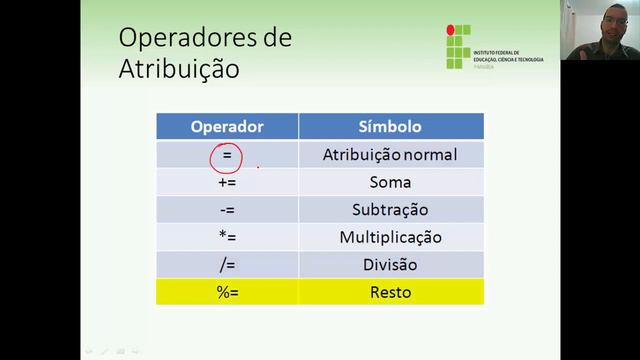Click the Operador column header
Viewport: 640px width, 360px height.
[227, 127]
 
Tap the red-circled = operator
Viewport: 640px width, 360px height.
[227, 156]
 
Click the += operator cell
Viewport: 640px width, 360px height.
[227, 183]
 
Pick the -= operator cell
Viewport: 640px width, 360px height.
[227, 210]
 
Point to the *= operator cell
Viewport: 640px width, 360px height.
[227, 238]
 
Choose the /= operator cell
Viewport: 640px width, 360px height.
[227, 265]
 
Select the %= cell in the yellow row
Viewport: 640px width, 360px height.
[227, 293]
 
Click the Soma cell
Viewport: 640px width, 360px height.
[390, 183]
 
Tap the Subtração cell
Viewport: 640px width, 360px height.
[390, 210]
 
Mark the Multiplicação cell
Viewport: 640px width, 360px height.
[390, 238]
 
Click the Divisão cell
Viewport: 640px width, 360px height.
[390, 265]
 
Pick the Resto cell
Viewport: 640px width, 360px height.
[390, 293]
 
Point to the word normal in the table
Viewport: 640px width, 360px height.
[433, 156]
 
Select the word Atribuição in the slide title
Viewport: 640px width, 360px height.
[179, 70]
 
